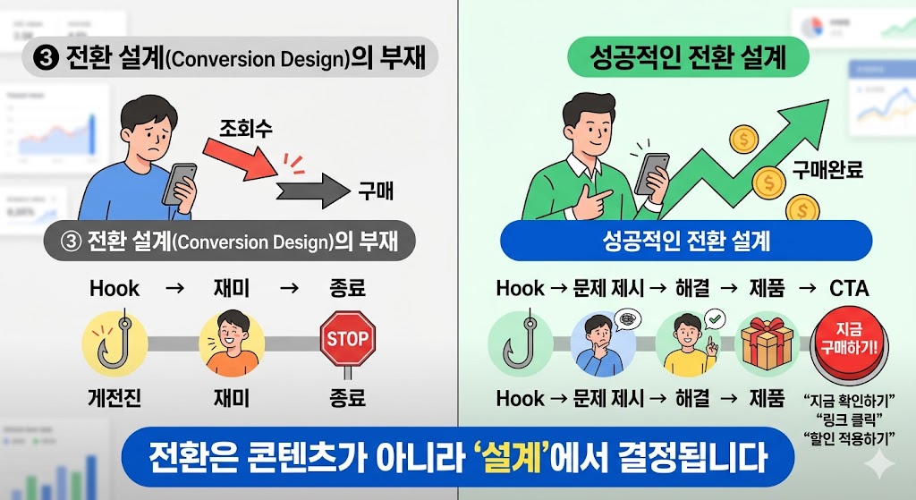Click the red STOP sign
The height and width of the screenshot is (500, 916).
(x=347, y=338)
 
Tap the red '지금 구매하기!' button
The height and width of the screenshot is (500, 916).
(x=847, y=339)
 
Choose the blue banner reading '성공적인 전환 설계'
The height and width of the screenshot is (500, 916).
(x=686, y=241)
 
